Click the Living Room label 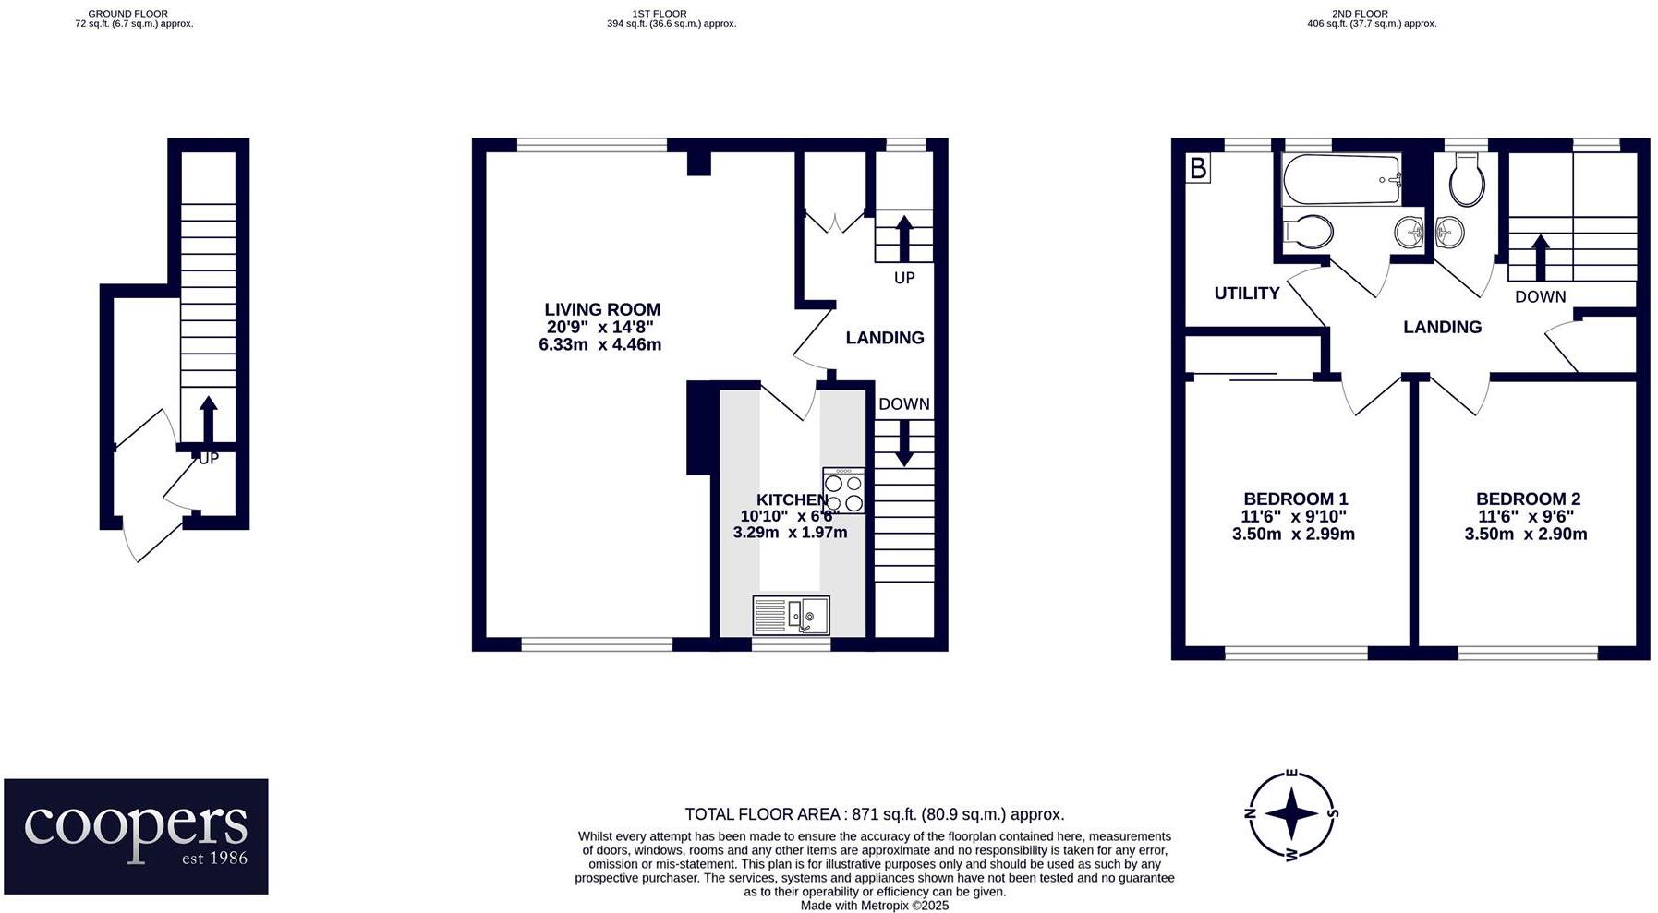click(602, 309)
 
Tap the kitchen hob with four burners click(843, 490)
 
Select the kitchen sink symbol click(792, 615)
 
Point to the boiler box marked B click(1198, 168)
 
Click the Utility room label click(1246, 294)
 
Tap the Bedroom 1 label click(1295, 499)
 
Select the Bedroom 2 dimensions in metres click(1525, 534)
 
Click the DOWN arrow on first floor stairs click(903, 442)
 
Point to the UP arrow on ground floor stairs click(208, 420)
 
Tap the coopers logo click(136, 835)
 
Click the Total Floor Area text click(874, 814)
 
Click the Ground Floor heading click(134, 14)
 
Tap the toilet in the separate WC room click(1466, 180)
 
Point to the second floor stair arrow click(1540, 257)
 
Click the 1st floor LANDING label click(884, 338)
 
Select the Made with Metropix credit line click(874, 906)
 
